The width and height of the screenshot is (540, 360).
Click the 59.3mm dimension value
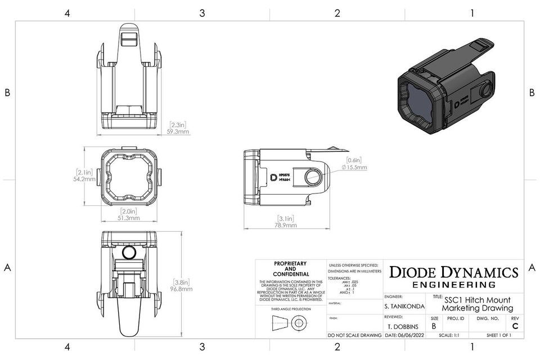click(179, 132)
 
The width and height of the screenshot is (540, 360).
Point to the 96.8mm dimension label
click(181, 289)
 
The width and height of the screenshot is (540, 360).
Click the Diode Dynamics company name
click(453, 272)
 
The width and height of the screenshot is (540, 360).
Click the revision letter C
click(515, 326)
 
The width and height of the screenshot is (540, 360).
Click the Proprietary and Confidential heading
click(290, 269)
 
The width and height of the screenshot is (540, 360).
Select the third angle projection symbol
click(290, 323)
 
